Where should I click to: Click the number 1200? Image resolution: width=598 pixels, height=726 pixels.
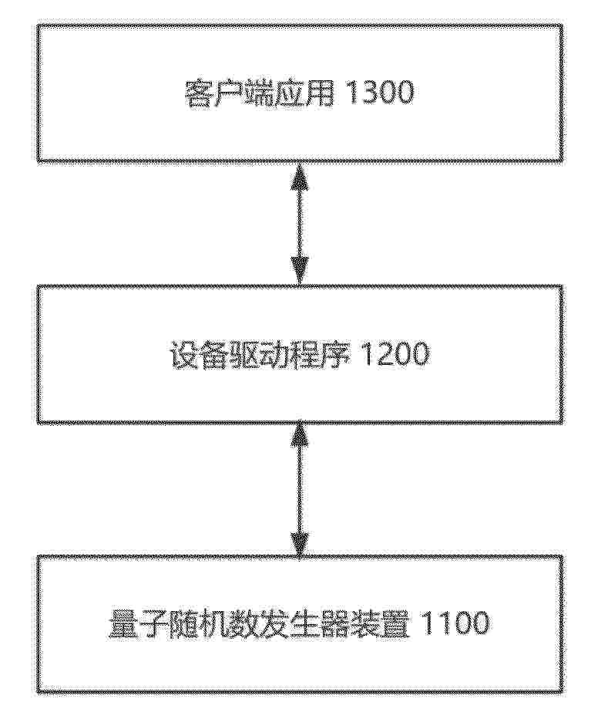[x=395, y=355]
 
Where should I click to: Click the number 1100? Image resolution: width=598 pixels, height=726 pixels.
[x=454, y=623]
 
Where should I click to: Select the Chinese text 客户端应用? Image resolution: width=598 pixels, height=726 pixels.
[x=259, y=93]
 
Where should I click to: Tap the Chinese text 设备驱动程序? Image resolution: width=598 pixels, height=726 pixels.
[x=260, y=355]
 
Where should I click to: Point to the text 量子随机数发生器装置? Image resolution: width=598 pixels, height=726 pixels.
[x=260, y=623]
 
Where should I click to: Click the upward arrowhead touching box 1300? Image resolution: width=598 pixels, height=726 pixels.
[x=299, y=175]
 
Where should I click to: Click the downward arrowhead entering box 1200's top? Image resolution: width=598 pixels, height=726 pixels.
[x=299, y=271]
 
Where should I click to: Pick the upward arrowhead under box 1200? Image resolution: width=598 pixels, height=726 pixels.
[x=299, y=435]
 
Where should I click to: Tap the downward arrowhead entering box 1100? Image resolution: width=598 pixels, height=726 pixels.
[x=299, y=542]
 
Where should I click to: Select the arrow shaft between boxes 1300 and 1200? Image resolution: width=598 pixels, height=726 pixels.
[x=299, y=223]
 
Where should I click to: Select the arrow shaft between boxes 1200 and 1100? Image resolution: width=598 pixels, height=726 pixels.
[x=299, y=489]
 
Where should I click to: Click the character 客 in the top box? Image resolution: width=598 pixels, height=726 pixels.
[x=198, y=93]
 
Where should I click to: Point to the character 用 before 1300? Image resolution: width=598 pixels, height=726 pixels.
[x=320, y=93]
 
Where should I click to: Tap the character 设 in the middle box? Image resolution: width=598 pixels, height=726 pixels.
[x=184, y=355]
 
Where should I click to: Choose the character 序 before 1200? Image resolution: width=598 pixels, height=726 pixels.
[x=336, y=355]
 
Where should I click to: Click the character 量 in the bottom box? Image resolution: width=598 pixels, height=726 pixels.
[x=124, y=623]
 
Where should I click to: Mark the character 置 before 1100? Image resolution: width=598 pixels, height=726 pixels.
[x=395, y=623]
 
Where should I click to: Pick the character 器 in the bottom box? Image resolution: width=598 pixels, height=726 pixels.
[x=335, y=623]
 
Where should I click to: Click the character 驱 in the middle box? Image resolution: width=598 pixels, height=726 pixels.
[x=244, y=355]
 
